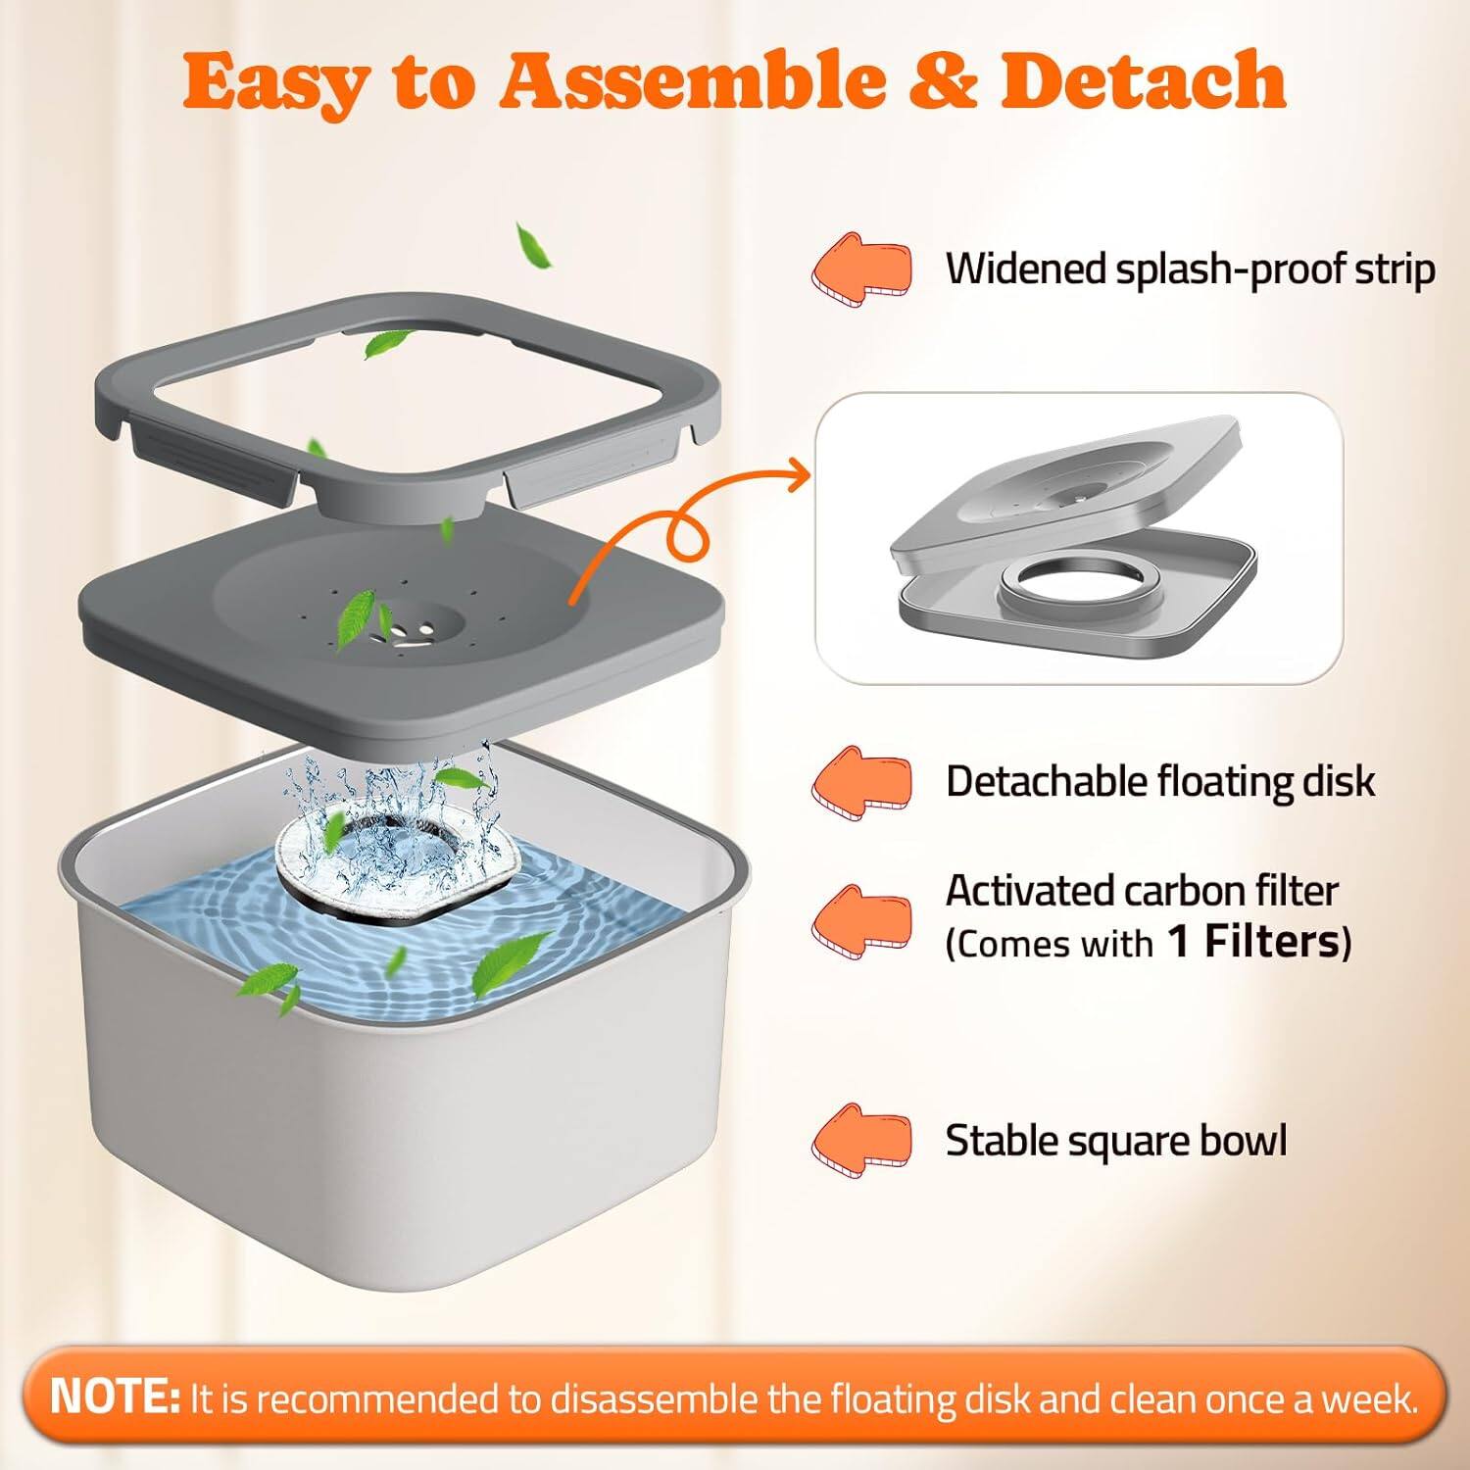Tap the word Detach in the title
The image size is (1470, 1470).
1143,80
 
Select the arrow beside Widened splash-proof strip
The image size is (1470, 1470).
861,267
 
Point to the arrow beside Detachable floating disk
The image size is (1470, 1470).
861,782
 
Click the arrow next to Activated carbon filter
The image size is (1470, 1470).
861,921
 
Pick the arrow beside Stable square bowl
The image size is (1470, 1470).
861,1141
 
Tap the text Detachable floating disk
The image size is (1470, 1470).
1159,782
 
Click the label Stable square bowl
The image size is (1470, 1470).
1115,1142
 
